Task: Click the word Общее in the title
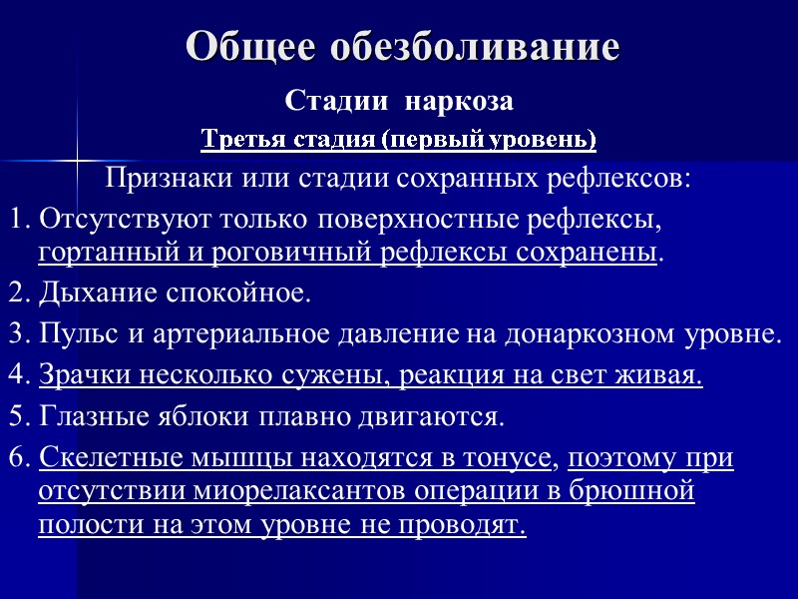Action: coord(249,46)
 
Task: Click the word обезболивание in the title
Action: coord(473,46)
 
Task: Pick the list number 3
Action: coord(13,332)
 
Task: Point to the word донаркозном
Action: coord(591,332)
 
